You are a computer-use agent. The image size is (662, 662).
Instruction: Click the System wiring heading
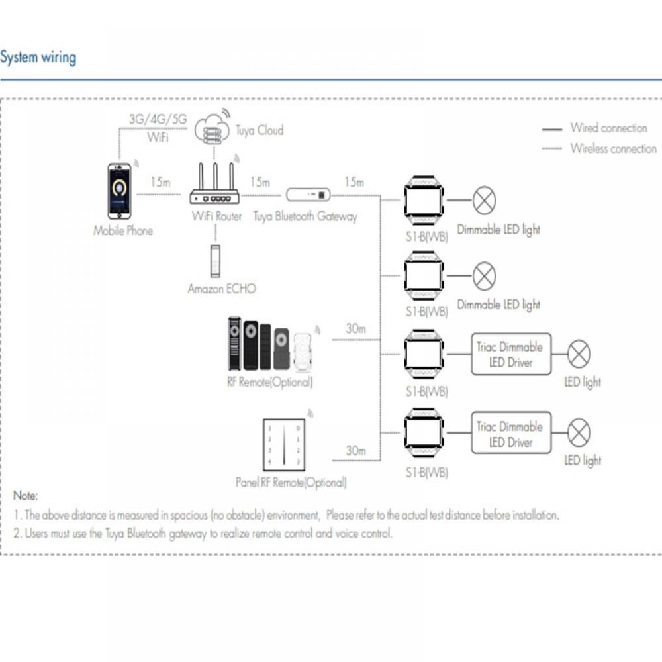38,58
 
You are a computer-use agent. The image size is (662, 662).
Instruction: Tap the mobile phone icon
120,191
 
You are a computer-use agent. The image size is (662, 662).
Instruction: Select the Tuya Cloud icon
212,129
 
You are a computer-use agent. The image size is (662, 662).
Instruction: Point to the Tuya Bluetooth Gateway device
308,195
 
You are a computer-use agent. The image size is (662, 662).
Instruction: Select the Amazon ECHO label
221,289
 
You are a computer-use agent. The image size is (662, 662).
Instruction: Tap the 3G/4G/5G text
158,120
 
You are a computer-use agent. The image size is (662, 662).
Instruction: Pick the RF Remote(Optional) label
270,382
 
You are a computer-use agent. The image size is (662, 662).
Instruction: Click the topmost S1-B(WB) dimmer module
424,198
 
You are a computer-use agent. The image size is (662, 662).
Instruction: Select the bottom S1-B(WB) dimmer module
424,435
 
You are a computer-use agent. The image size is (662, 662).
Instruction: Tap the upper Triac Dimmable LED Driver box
510,354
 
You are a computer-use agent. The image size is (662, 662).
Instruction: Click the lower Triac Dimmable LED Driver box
510,434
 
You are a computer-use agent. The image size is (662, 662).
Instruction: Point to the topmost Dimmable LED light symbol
485,200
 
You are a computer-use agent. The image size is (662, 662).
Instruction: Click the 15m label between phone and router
161,182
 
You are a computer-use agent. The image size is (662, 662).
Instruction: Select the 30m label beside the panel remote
355,451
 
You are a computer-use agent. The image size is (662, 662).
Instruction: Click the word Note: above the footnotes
26,495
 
